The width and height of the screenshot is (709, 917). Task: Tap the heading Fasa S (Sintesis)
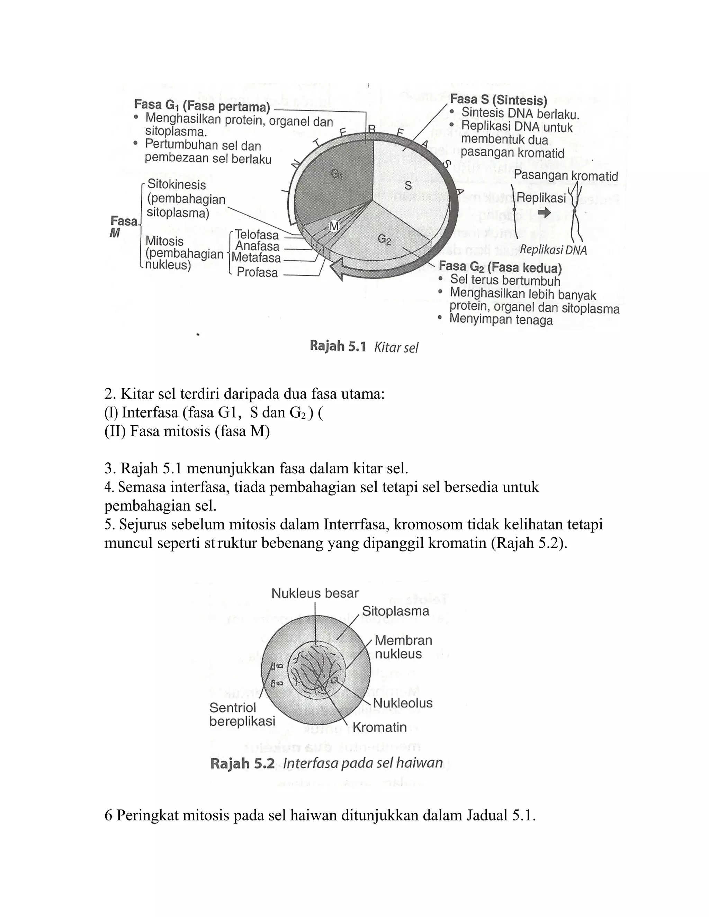tap(498, 100)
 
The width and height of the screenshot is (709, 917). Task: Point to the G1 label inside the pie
tap(336, 173)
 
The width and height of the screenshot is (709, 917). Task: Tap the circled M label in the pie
tap(334, 227)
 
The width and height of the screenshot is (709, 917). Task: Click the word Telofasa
tap(257, 235)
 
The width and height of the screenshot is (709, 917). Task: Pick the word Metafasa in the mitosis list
tap(256, 257)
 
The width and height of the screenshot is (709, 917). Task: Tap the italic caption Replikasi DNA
tap(553, 250)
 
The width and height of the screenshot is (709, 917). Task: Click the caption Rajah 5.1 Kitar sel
tap(364, 347)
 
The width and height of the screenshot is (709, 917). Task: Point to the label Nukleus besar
tap(315, 593)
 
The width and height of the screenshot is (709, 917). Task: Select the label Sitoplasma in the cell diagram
tap(395, 611)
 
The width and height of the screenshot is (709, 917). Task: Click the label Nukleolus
tap(402, 703)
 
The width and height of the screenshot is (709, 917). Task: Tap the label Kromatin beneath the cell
tap(379, 727)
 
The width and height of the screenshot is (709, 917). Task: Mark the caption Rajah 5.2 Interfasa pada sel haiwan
tap(326, 763)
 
